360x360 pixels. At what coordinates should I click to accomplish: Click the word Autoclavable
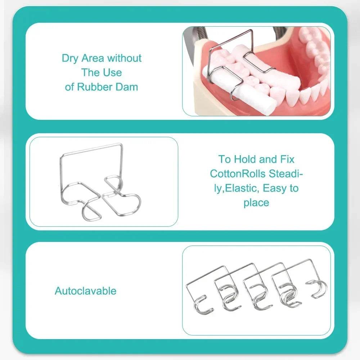pyautogui.click(x=85, y=291)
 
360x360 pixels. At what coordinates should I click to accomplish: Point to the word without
pyautogui.click(x=125, y=58)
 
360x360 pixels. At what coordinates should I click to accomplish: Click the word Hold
pyautogui.click(x=245, y=159)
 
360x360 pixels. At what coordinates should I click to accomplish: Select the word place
pyautogui.click(x=256, y=203)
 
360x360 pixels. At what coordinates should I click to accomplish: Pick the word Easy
pyautogui.click(x=275, y=189)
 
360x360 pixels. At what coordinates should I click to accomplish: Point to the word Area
pyautogui.click(x=93, y=58)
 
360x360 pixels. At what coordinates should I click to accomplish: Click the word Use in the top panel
pyautogui.click(x=114, y=73)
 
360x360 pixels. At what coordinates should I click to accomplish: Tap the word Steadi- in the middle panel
pyautogui.click(x=286, y=174)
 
